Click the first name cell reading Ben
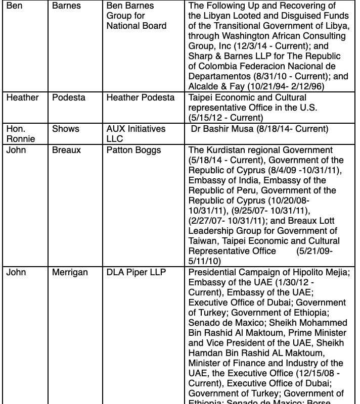point(14,6)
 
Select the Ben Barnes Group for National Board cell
point(136,16)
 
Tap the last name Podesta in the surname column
point(68,97)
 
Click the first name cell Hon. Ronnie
point(17,133)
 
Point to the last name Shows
point(66,129)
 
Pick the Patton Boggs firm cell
point(133,150)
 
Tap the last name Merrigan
point(70,273)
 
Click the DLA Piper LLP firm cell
point(136,273)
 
